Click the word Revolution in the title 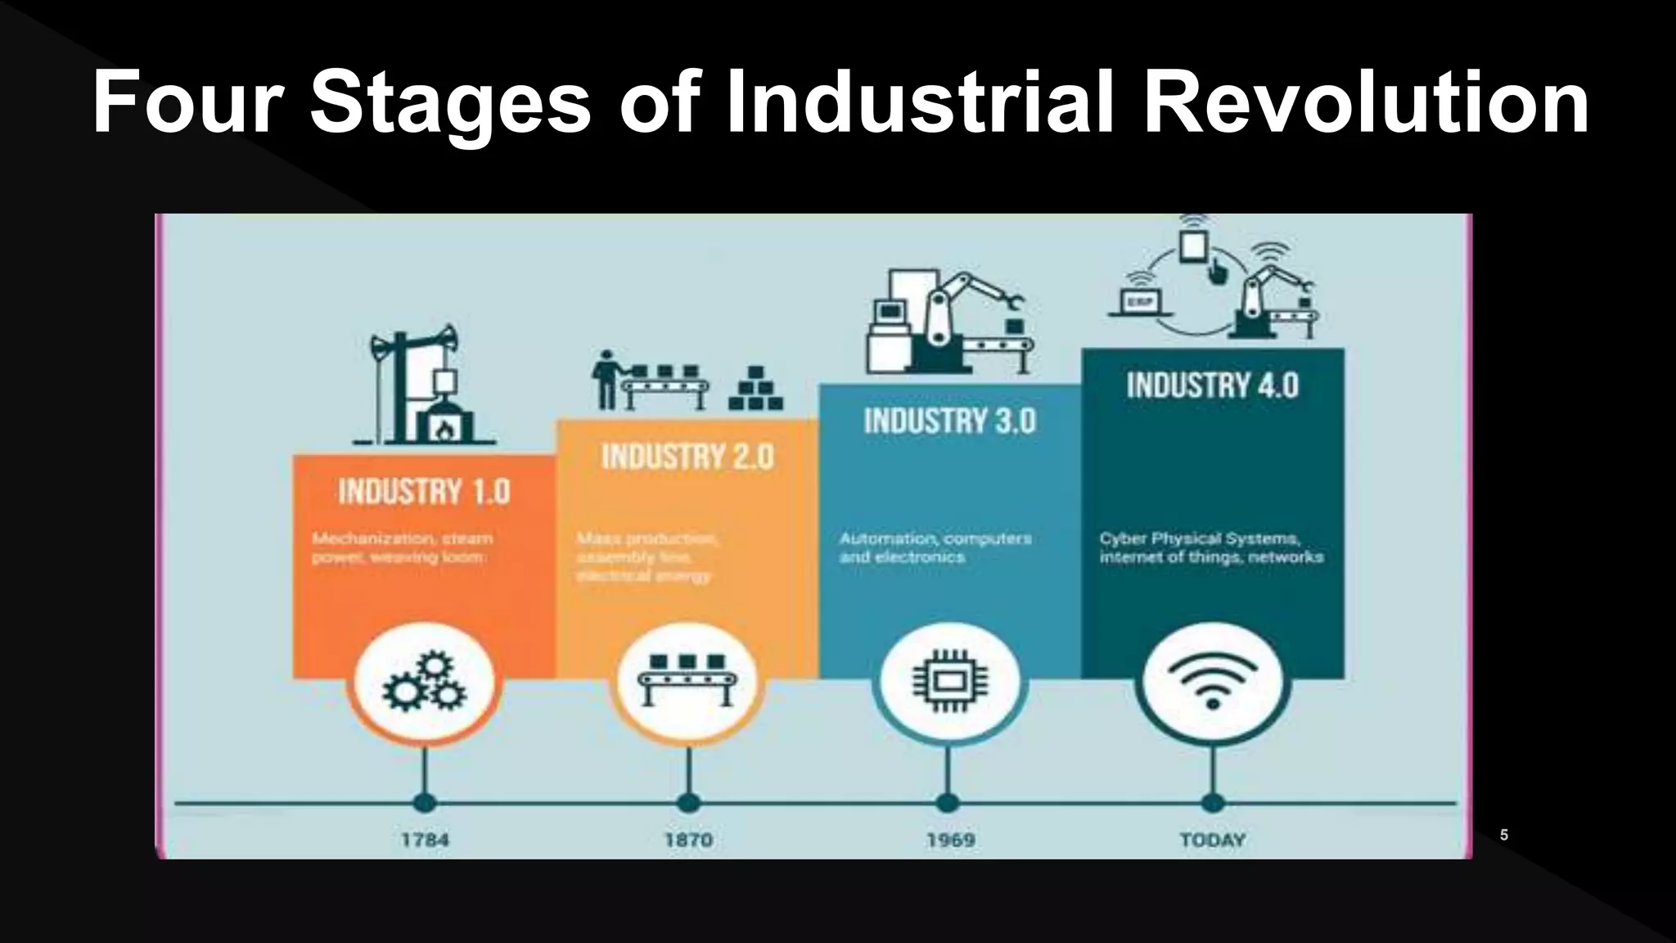(1365, 102)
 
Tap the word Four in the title (187, 102)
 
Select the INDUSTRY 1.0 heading (424, 492)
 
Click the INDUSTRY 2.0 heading (687, 457)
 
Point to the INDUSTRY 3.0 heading (950, 422)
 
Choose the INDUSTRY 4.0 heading (1212, 386)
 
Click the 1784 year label (425, 840)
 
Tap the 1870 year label (688, 840)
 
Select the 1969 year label (950, 840)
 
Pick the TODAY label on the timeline (1212, 840)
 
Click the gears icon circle (424, 681)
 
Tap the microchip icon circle (949, 681)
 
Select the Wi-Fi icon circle (1212, 681)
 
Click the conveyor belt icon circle (687, 681)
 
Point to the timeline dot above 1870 (688, 802)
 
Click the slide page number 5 (1503, 835)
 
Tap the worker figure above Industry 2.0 (606, 380)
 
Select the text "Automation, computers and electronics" (935, 548)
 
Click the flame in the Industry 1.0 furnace (444, 427)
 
